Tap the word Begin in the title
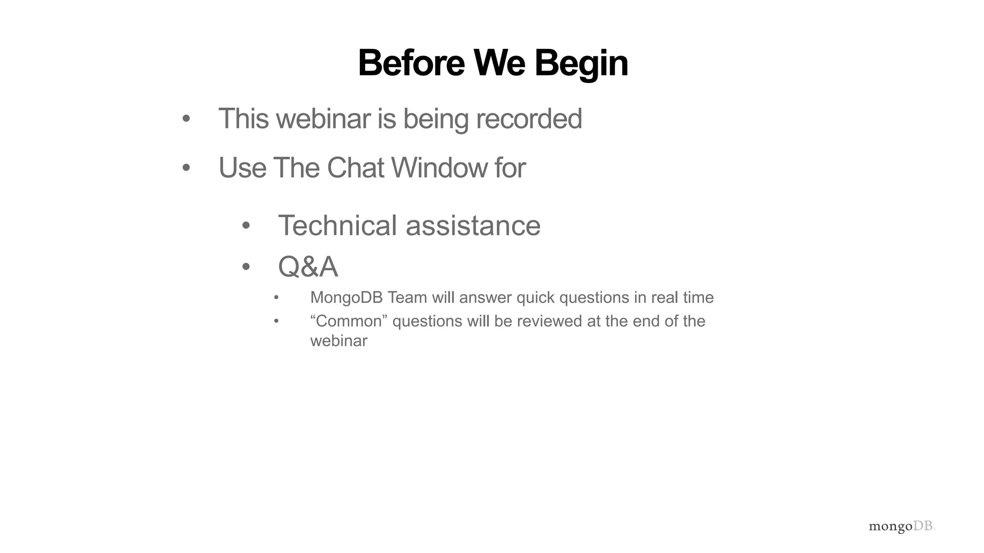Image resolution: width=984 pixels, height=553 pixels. [x=581, y=64]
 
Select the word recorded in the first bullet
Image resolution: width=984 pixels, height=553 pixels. [x=529, y=119]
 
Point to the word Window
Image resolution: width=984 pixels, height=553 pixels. [x=439, y=168]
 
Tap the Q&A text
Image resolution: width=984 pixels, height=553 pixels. [x=308, y=267]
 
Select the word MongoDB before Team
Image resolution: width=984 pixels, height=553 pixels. [x=346, y=298]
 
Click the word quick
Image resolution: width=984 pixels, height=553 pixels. [x=536, y=298]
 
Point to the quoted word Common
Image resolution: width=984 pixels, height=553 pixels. [x=349, y=321]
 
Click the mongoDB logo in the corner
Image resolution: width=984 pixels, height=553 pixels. [x=902, y=527]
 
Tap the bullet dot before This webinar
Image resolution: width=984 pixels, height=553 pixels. [x=186, y=119]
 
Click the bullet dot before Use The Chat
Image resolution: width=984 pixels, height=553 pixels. [x=186, y=168]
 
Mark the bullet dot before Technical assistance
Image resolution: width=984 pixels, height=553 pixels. [x=246, y=226]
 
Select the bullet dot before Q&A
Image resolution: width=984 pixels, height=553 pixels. [x=246, y=267]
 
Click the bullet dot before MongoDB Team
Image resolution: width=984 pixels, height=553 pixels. [x=276, y=298]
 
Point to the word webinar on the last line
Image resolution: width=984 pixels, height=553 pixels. [x=339, y=341]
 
